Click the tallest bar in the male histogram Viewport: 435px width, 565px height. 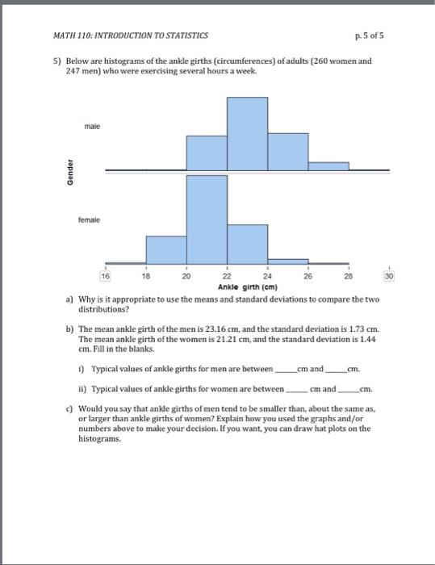tap(247, 133)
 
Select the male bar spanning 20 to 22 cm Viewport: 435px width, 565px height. tap(207, 153)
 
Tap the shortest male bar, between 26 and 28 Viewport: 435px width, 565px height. tap(328, 165)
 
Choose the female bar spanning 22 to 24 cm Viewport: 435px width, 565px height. tap(247, 243)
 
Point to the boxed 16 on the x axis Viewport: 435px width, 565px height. tap(105, 276)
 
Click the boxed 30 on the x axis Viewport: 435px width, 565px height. tap(389, 276)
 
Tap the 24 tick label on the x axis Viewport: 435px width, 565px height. tap(267, 276)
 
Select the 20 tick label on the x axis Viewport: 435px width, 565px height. tap(186, 276)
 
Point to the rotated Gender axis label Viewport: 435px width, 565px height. tap(71, 170)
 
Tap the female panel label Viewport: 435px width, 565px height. tap(90, 220)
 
